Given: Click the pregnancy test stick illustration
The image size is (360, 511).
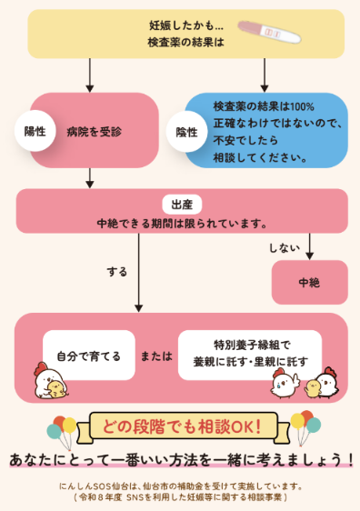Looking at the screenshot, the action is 269,32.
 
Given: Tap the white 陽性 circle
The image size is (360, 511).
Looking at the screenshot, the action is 35,131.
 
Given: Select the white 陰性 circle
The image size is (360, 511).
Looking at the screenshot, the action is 186,132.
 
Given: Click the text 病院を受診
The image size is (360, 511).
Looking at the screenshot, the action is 95,132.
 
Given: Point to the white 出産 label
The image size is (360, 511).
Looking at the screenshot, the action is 182,205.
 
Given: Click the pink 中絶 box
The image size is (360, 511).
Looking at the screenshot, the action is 309,282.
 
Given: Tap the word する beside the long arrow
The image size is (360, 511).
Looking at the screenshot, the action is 117,271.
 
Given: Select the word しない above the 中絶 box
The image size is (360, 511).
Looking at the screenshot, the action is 284,248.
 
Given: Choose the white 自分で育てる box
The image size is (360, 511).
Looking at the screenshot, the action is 88,356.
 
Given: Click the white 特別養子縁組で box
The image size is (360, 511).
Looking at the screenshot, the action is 250,356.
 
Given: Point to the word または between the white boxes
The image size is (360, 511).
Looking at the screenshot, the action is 156,356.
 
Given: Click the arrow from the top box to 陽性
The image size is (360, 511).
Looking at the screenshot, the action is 90,75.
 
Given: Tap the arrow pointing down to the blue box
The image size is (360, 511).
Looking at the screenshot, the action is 265,75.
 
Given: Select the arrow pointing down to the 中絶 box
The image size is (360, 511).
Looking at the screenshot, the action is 309,246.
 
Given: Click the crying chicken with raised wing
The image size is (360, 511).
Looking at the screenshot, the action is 285,384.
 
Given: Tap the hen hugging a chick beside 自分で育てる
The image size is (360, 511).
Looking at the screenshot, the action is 51,381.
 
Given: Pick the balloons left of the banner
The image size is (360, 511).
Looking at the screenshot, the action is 62,431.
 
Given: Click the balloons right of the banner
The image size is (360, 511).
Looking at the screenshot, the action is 305,427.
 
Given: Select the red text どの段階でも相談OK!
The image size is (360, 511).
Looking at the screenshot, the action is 182,426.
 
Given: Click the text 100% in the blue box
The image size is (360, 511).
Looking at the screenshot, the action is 302,106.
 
